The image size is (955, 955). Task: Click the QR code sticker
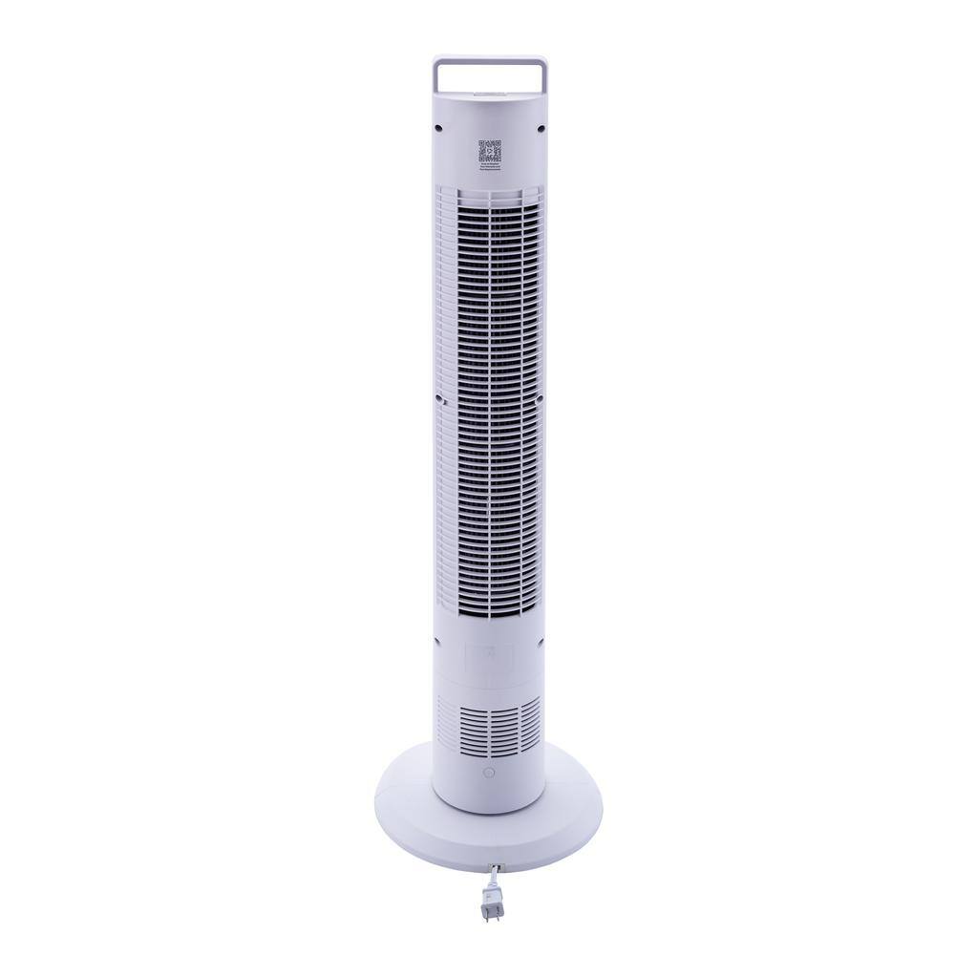point(489,151)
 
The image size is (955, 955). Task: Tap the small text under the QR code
point(489,167)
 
